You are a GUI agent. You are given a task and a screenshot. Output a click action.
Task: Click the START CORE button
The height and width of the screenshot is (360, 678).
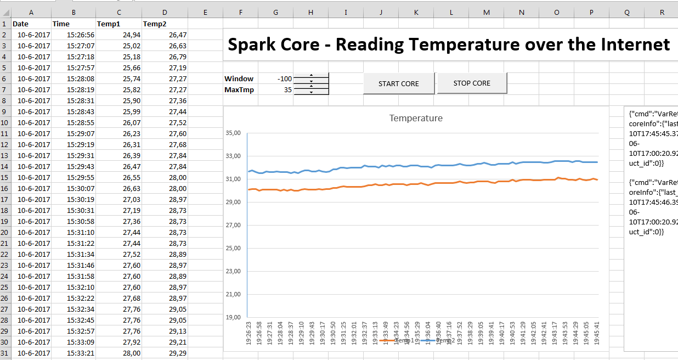pyautogui.click(x=399, y=83)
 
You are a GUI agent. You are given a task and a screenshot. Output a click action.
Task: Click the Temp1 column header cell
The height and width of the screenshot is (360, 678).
pyautogui.click(x=109, y=24)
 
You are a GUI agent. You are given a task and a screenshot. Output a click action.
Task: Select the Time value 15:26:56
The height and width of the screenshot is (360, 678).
pyautogui.click(x=81, y=35)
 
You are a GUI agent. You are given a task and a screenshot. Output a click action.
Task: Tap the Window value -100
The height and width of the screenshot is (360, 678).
pyautogui.click(x=284, y=78)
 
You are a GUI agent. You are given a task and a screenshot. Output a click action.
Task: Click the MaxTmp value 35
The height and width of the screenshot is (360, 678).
pyautogui.click(x=287, y=89)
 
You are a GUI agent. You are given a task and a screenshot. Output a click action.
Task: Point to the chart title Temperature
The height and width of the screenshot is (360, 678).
pyautogui.click(x=416, y=118)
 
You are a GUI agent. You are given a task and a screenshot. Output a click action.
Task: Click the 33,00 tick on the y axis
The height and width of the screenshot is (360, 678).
pyautogui.click(x=233, y=156)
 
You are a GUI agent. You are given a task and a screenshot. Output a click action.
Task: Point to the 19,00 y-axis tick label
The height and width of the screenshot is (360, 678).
pyautogui.click(x=233, y=317)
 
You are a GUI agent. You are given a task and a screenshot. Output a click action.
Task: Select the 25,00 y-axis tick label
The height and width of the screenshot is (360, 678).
pyautogui.click(x=233, y=248)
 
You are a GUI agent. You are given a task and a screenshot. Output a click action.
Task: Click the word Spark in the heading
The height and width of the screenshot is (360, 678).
pyautogui.click(x=246, y=44)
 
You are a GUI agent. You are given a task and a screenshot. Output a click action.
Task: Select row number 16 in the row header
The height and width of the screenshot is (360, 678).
pyautogui.click(x=5, y=188)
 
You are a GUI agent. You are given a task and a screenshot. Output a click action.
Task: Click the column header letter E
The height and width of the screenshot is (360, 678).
pyautogui.click(x=205, y=12)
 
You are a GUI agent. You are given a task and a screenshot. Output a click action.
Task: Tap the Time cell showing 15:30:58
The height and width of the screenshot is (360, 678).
pyautogui.click(x=81, y=221)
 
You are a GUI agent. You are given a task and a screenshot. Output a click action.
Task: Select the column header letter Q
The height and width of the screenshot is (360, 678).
pyautogui.click(x=627, y=12)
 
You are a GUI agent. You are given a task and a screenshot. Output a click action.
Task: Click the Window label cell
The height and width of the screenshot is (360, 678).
pyautogui.click(x=239, y=78)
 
